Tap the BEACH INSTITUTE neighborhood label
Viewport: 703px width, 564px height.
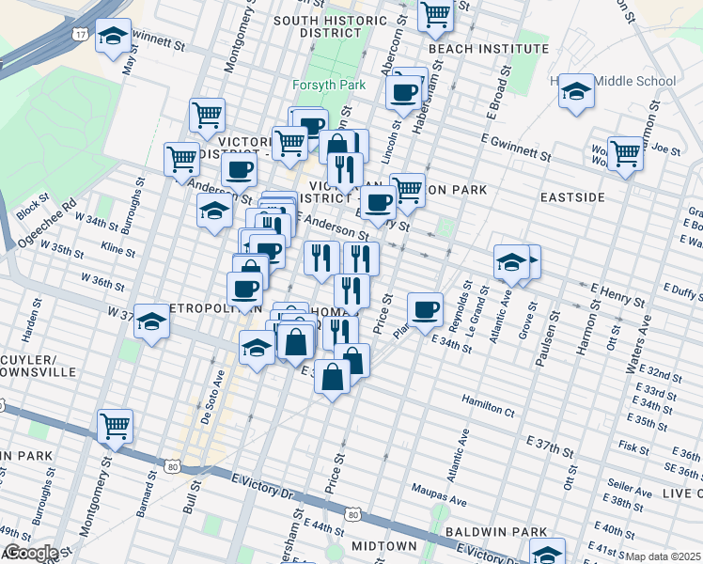coord(474,47)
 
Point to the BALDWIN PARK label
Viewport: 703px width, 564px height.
coord(483,531)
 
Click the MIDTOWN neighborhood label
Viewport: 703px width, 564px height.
coord(383,545)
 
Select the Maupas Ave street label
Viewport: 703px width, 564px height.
coord(440,489)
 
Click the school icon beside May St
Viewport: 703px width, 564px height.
coord(114,38)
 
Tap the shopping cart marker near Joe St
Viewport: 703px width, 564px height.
coord(625,153)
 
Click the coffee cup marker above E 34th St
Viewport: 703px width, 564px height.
coord(425,309)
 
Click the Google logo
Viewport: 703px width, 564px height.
coord(30,553)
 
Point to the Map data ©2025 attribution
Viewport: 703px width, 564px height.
coord(664,556)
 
